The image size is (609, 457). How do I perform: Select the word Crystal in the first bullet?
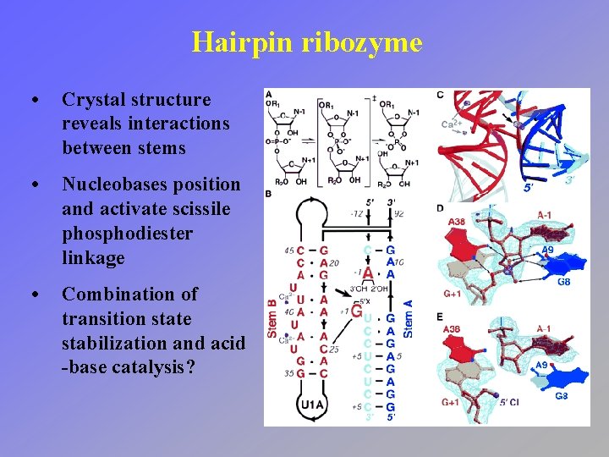tap(95, 99)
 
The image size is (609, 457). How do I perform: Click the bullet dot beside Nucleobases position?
tap(33, 184)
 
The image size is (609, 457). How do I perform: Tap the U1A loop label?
tap(312, 405)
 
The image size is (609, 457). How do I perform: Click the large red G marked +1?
tap(357, 311)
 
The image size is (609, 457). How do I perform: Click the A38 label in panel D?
tap(457, 223)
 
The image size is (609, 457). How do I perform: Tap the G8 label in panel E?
tap(562, 396)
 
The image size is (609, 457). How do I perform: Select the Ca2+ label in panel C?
tap(452, 124)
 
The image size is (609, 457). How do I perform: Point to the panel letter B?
tap(268, 194)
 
